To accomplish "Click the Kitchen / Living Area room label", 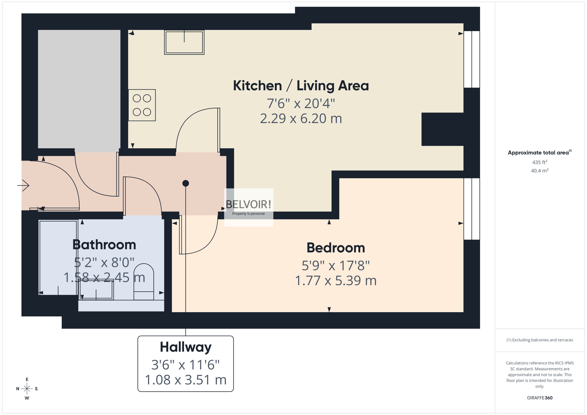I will (x=301, y=86).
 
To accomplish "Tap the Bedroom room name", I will (x=336, y=248).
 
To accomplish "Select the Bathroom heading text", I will (x=104, y=245).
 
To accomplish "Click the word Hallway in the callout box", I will (x=185, y=347).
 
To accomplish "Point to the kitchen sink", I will (x=184, y=42).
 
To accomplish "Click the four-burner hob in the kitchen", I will (x=142, y=105).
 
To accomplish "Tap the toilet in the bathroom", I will (x=144, y=281).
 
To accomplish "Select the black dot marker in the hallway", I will (x=186, y=183).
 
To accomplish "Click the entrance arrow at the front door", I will (x=23, y=185).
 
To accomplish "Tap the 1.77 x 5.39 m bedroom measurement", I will (x=336, y=281).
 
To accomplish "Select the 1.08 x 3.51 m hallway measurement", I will (x=185, y=380).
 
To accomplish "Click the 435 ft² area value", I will (x=540, y=162).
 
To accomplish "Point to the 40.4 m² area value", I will (x=540, y=170).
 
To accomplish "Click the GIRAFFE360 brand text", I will (x=540, y=398).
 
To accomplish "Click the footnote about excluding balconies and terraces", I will (x=540, y=340).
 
